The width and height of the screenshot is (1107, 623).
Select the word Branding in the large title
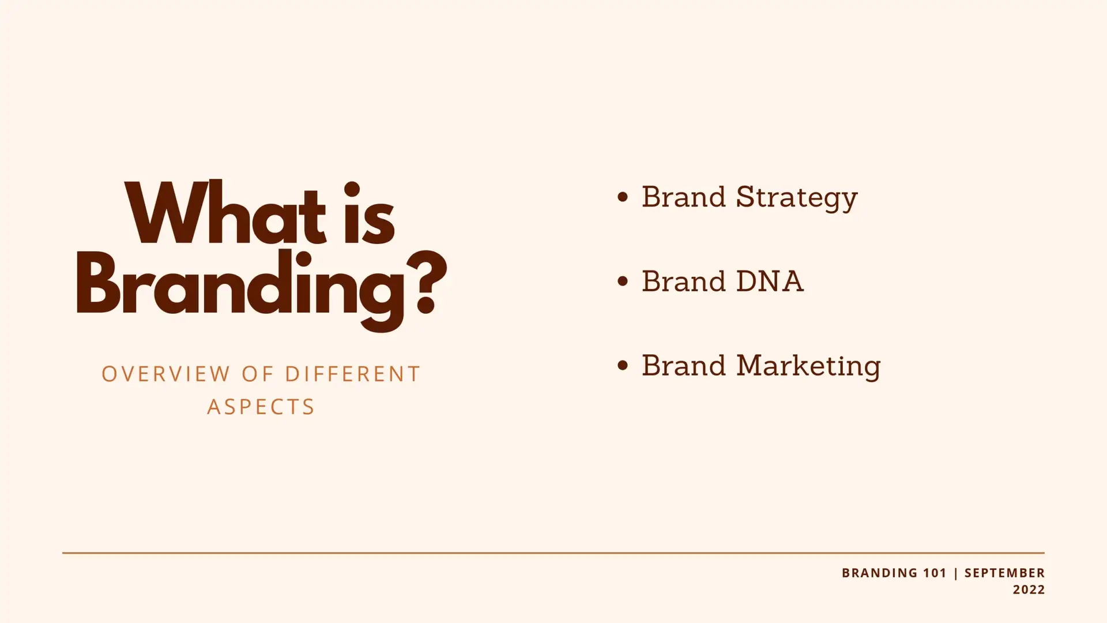pyautogui.click(x=240, y=290)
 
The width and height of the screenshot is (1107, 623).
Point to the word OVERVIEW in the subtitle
pyautogui.click(x=165, y=374)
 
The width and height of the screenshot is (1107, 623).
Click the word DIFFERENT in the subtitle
pyautogui.click(x=352, y=374)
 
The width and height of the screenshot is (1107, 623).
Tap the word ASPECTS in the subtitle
pyautogui.click(x=261, y=407)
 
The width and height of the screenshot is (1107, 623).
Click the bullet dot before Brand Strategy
pyautogui.click(x=622, y=197)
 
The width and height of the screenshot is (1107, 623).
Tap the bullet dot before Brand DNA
pyautogui.click(x=622, y=282)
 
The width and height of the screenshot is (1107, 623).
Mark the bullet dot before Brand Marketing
pyautogui.click(x=622, y=366)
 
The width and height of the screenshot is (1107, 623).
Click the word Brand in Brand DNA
pyautogui.click(x=683, y=282)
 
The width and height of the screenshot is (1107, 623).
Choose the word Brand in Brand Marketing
pyautogui.click(x=683, y=366)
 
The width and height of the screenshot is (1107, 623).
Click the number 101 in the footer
pyautogui.click(x=935, y=573)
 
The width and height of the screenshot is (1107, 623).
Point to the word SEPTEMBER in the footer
pyautogui.click(x=1004, y=573)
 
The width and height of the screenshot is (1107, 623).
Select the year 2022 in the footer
pyautogui.click(x=1029, y=590)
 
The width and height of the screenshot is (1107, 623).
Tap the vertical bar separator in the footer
pyautogui.click(x=956, y=573)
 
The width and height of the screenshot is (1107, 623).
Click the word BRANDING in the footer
pyautogui.click(x=879, y=573)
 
